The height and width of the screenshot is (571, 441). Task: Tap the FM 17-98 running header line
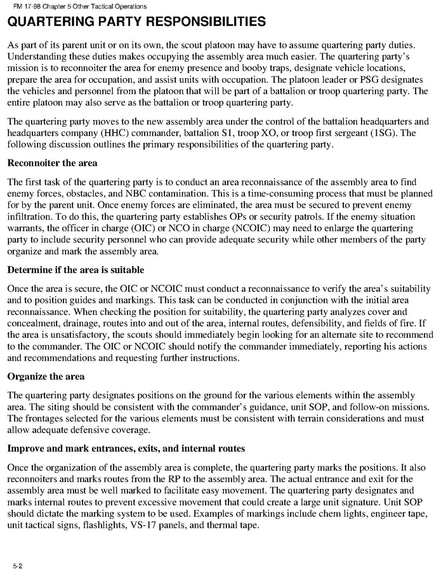point(76,6)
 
